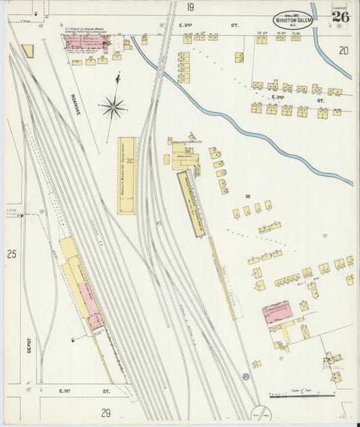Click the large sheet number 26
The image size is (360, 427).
pyautogui.click(x=340, y=17)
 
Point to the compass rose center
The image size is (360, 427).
pyautogui.click(x=113, y=105)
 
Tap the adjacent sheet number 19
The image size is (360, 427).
pyautogui.click(x=190, y=7)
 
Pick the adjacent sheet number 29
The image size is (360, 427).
pyautogui.click(x=106, y=413)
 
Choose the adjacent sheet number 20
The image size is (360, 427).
pyautogui.click(x=344, y=50)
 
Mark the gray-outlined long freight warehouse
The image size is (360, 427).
pyautogui.click(x=192, y=205)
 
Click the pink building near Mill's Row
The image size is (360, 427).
pyautogui.click(x=277, y=312)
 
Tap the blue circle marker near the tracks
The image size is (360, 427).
pyautogui.click(x=246, y=375)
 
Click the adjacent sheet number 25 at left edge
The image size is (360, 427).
pyautogui.click(x=11, y=255)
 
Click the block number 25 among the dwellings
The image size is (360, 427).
pyautogui.click(x=248, y=197)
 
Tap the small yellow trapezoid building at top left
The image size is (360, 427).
pyautogui.click(x=27, y=51)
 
